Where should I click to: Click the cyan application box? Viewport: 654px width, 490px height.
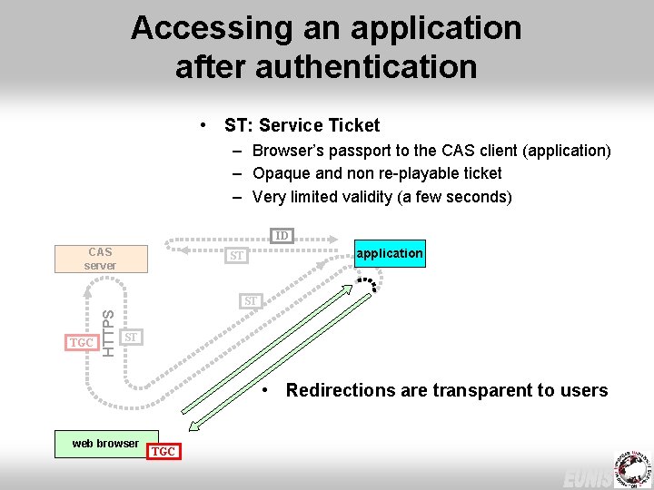[389, 253]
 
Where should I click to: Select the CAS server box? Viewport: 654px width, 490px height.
[100, 259]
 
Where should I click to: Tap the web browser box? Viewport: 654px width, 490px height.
[106, 444]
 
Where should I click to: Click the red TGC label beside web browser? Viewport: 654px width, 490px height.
[163, 451]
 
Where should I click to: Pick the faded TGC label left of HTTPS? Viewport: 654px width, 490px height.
[82, 343]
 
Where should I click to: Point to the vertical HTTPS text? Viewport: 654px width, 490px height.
[108, 333]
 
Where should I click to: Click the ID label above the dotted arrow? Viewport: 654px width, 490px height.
[282, 236]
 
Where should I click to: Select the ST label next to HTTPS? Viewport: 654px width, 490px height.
[131, 338]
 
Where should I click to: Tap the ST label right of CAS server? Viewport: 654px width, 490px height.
[236, 256]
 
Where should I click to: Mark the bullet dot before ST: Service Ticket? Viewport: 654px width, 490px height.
[207, 125]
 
